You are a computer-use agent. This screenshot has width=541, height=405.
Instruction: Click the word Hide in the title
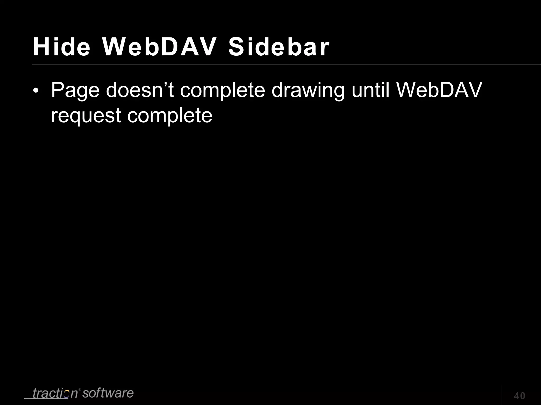click(62, 47)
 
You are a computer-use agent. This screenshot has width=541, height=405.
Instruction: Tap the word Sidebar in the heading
click(279, 47)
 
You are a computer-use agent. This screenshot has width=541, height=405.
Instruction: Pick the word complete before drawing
click(222, 90)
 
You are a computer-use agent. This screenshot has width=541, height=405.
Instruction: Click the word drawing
click(308, 90)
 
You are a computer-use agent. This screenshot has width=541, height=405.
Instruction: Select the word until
click(371, 90)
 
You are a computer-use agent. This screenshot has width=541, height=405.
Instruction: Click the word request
click(86, 116)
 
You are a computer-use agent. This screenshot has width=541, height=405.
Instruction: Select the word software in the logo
click(108, 393)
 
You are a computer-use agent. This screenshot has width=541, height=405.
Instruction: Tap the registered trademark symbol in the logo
click(80, 389)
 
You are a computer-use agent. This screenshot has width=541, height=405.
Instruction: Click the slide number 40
click(519, 396)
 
